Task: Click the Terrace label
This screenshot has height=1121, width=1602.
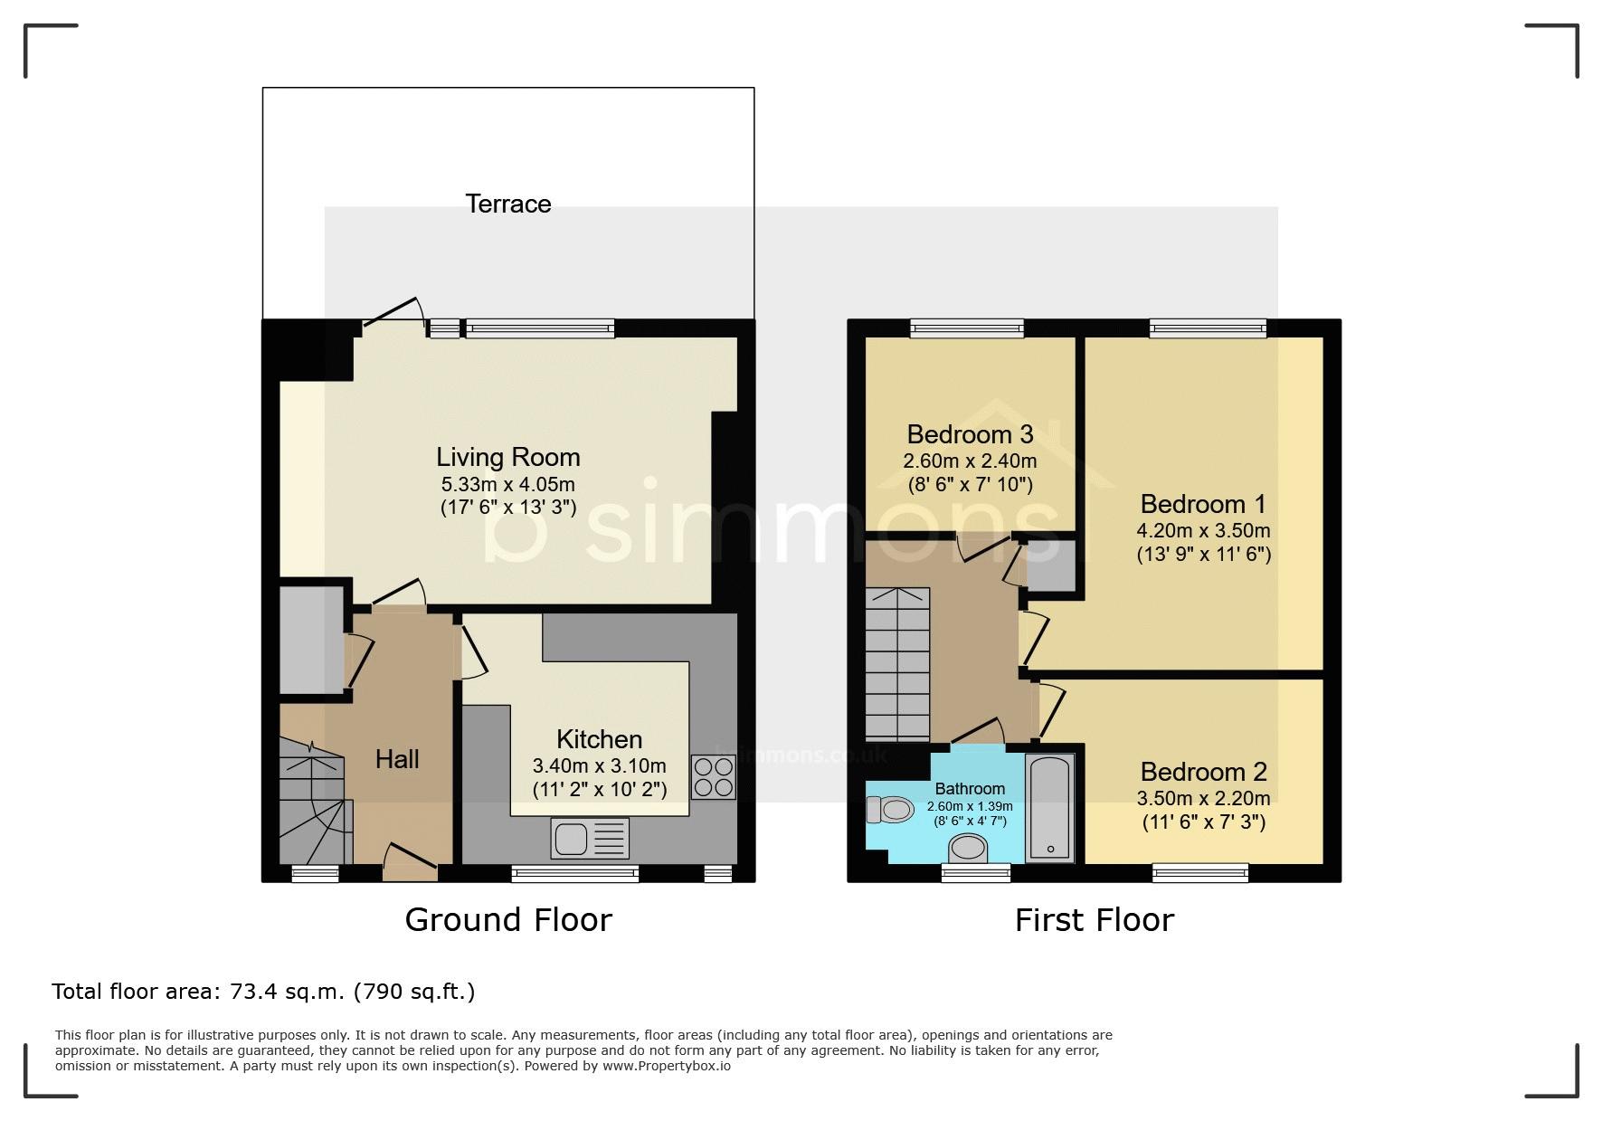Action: point(507,204)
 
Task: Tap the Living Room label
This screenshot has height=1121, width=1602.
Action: point(507,457)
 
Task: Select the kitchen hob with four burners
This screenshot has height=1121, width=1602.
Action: point(714,777)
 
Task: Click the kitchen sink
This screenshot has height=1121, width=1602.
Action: point(590,838)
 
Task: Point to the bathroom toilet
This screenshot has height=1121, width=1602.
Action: point(890,809)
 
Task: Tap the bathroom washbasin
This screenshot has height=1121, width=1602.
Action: point(968,849)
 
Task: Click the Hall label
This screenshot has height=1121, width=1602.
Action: point(397,758)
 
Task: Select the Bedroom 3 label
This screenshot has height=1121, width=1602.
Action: point(970,435)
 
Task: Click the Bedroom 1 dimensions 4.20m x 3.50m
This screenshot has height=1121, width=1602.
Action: point(1203,530)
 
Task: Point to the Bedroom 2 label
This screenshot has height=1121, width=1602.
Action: point(1203,772)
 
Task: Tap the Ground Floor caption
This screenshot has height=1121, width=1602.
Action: point(508,919)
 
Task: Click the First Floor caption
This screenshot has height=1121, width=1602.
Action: point(1095,920)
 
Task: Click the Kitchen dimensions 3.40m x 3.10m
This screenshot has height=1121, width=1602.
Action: point(600,766)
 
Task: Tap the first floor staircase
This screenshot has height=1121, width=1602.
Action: point(897,664)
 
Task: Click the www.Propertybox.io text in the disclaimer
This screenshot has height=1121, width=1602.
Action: point(667,1066)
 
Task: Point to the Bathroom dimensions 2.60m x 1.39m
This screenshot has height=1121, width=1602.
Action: point(970,806)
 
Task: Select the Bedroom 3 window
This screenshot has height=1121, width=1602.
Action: point(967,328)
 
